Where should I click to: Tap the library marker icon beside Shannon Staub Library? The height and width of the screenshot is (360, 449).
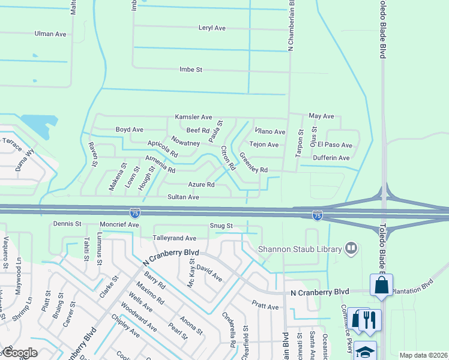[351, 248]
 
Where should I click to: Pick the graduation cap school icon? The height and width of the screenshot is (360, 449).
[365, 351]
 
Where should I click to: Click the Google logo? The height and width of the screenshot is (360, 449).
[19, 353]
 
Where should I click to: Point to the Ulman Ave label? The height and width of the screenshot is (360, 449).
[50, 34]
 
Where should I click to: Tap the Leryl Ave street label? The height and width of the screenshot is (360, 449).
[211, 28]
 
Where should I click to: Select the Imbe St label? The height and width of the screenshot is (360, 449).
[191, 70]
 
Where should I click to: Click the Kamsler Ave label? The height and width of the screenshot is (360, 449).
[193, 117]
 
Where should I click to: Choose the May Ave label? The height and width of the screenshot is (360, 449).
[321, 116]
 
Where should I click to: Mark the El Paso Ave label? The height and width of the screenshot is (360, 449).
[335, 145]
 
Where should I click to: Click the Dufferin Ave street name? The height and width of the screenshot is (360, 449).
[331, 158]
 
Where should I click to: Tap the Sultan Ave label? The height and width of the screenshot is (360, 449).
[183, 197]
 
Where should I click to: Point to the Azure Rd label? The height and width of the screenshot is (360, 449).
[201, 185]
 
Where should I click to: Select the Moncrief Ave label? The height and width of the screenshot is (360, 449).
[119, 224]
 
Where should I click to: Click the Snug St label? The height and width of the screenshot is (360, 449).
[220, 226]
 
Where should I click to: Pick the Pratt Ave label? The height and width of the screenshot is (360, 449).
[265, 307]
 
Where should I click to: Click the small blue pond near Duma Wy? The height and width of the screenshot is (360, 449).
[37, 125]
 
